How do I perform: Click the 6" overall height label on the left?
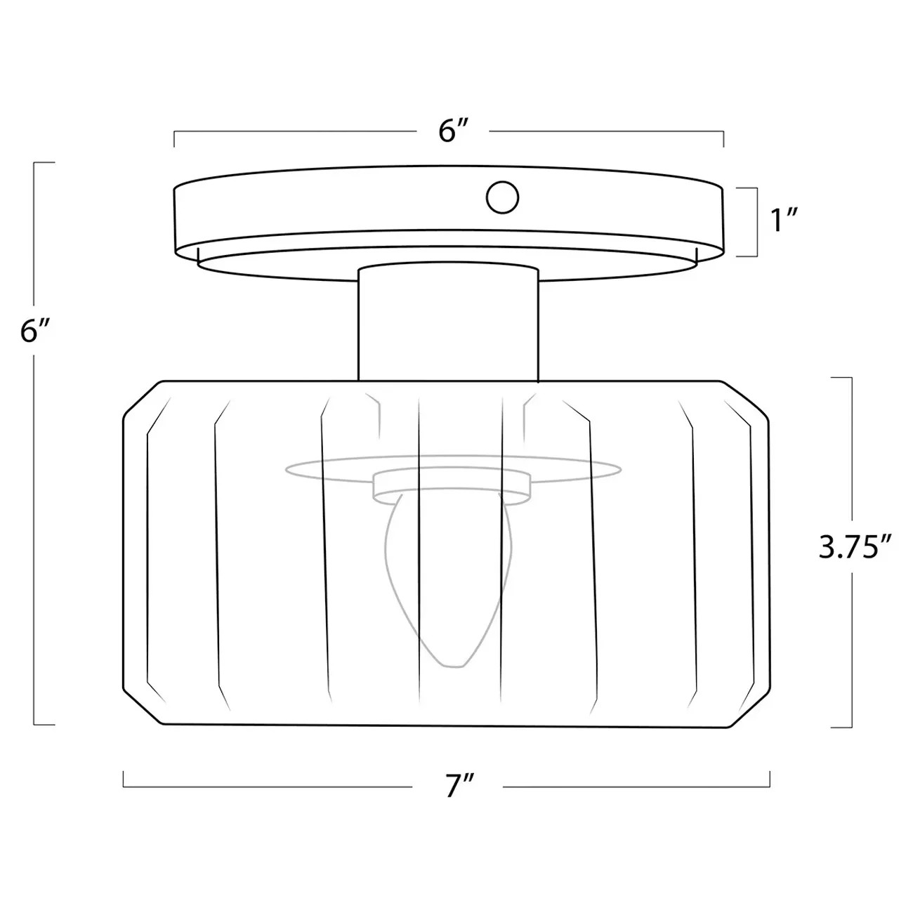(34, 330)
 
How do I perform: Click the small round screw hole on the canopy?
(502, 197)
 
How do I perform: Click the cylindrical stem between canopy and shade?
(448, 322)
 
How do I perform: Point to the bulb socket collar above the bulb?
(452, 486)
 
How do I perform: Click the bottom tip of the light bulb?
(454, 667)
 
